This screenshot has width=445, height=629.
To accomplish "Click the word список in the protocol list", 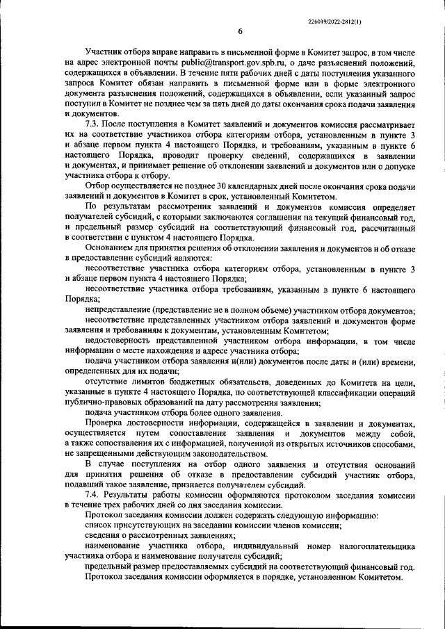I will tap(99, 527).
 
